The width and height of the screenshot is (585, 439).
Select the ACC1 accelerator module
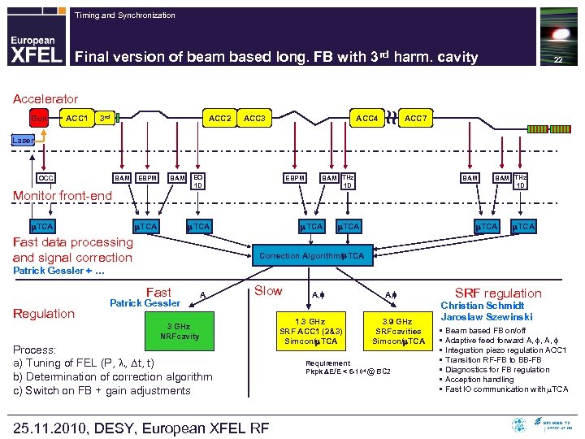(76, 120)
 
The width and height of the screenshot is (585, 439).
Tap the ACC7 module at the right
(416, 120)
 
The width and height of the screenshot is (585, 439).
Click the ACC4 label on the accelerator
(366, 120)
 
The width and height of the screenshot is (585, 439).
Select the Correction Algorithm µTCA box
(313, 256)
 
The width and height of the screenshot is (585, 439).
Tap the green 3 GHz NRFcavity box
(180, 331)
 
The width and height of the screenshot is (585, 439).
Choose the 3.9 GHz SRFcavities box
(397, 331)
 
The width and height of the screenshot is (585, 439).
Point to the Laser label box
(23, 140)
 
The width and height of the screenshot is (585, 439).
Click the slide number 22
(557, 61)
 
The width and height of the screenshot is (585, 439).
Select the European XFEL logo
(35, 49)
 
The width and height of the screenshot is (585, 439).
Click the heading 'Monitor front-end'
(62, 196)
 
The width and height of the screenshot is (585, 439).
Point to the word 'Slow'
(268, 291)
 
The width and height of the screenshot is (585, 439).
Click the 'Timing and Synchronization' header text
(124, 15)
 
